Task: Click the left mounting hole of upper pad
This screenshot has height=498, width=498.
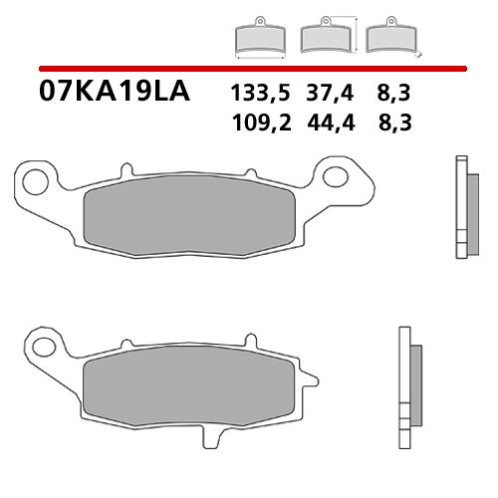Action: (35, 180)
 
